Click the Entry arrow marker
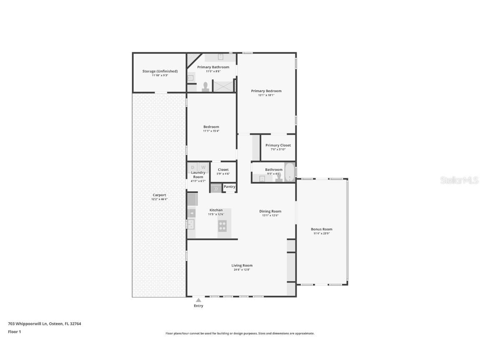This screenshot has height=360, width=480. pos(198,300)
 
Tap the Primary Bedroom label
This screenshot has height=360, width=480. pos(266,91)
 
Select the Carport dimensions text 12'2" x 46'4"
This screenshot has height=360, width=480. pos(159,199)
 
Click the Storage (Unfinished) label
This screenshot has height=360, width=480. pos(160,71)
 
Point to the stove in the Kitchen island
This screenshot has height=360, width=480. pos(222,226)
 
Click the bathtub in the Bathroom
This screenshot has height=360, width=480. pos(289,172)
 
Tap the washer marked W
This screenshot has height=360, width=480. pos(203,167)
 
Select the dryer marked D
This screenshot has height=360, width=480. pos(192,167)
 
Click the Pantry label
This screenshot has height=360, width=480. pos(229,187)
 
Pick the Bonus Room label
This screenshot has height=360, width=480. pos(321,229)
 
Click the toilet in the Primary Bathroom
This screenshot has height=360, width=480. pos(205,87)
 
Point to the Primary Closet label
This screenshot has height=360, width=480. pos(278,145)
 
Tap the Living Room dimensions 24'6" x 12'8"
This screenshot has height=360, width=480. pos(242,270)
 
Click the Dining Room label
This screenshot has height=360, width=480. pos(270,211)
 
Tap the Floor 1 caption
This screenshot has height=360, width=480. pos(14,332)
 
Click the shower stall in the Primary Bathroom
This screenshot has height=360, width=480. pos(223,86)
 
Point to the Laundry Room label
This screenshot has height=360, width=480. pos(198,175)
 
